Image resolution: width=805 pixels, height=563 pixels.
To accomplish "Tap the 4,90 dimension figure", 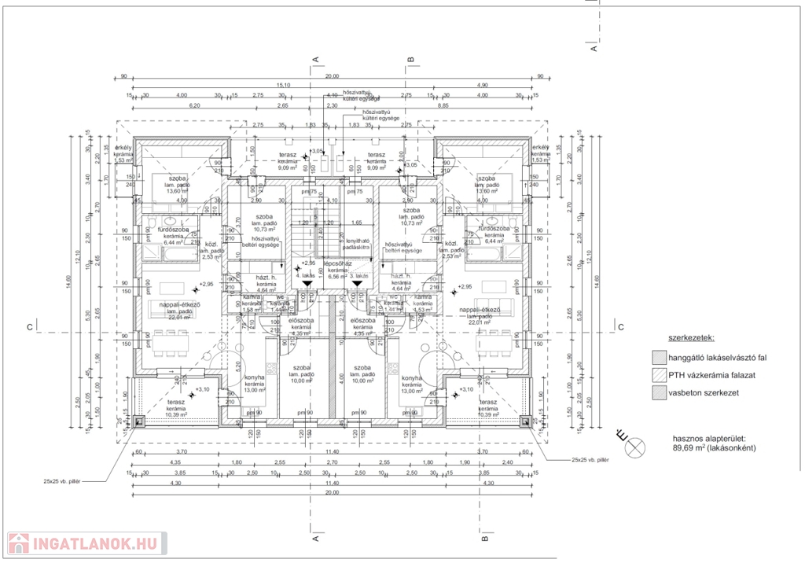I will pos(483,85).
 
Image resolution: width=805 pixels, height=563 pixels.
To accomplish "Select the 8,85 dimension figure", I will pos(443,105).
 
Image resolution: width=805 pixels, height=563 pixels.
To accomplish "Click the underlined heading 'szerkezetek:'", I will pos(690,338).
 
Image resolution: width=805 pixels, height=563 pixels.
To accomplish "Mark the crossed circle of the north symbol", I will pos(635,448).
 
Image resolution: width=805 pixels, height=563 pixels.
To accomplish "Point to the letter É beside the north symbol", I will pos(620,434).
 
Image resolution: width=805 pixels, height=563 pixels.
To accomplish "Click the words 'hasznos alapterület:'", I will pos(709,437).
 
